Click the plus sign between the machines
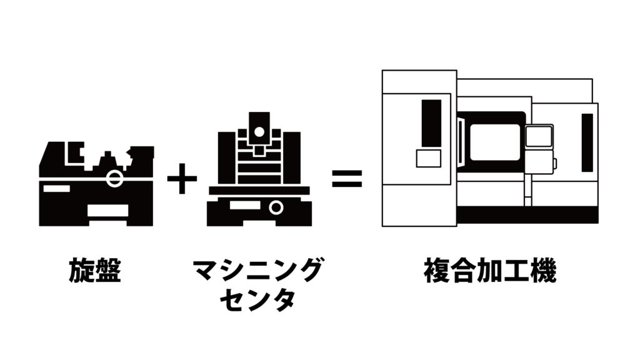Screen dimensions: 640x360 tap(182, 178)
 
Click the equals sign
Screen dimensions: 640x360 tap(347, 178)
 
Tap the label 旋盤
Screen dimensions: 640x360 tap(95, 270)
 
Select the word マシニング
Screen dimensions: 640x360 tap(257, 270)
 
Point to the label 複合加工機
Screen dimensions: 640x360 tap(490, 270)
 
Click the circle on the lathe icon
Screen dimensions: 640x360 tap(114, 178)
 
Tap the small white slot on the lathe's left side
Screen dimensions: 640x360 tap(56, 188)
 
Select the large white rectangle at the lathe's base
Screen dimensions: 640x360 tap(107, 211)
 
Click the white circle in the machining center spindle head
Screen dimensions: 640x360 tap(259, 132)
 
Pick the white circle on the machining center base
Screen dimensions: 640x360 tap(276, 207)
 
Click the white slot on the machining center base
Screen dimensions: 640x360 tap(245, 205)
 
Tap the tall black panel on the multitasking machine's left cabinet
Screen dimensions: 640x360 tap(431, 123)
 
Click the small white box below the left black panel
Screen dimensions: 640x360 tap(429, 158)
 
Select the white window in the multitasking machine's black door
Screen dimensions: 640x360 tap(495, 142)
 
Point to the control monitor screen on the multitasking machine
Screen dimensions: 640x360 tap(539, 136)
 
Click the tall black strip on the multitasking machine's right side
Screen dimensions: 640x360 tap(587, 142)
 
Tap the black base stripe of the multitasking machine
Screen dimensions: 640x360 tap(527, 215)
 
